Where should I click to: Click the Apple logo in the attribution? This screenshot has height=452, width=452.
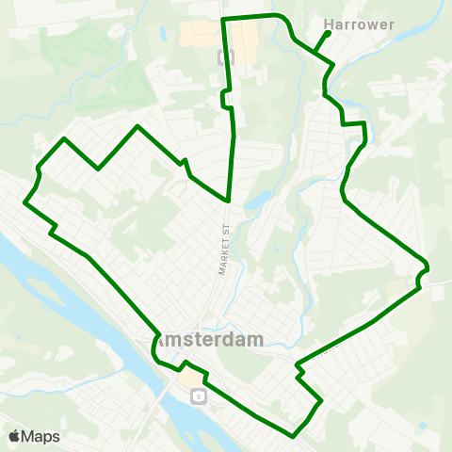pos(15,435)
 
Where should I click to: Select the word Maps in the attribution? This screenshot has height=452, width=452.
pos(40,435)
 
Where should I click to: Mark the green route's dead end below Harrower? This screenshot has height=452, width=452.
pos(328,33)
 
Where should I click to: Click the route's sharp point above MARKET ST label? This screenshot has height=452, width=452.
pos(229,200)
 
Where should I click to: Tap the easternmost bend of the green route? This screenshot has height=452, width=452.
pos(428,266)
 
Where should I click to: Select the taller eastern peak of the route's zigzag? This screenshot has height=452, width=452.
pos(138,125)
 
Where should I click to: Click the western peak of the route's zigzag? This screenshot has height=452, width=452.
pos(64,138)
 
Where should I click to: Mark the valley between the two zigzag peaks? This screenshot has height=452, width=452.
pos(99,169)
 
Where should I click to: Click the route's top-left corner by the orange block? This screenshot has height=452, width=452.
pos(222,19)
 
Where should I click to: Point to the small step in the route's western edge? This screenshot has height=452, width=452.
pos(53,230)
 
